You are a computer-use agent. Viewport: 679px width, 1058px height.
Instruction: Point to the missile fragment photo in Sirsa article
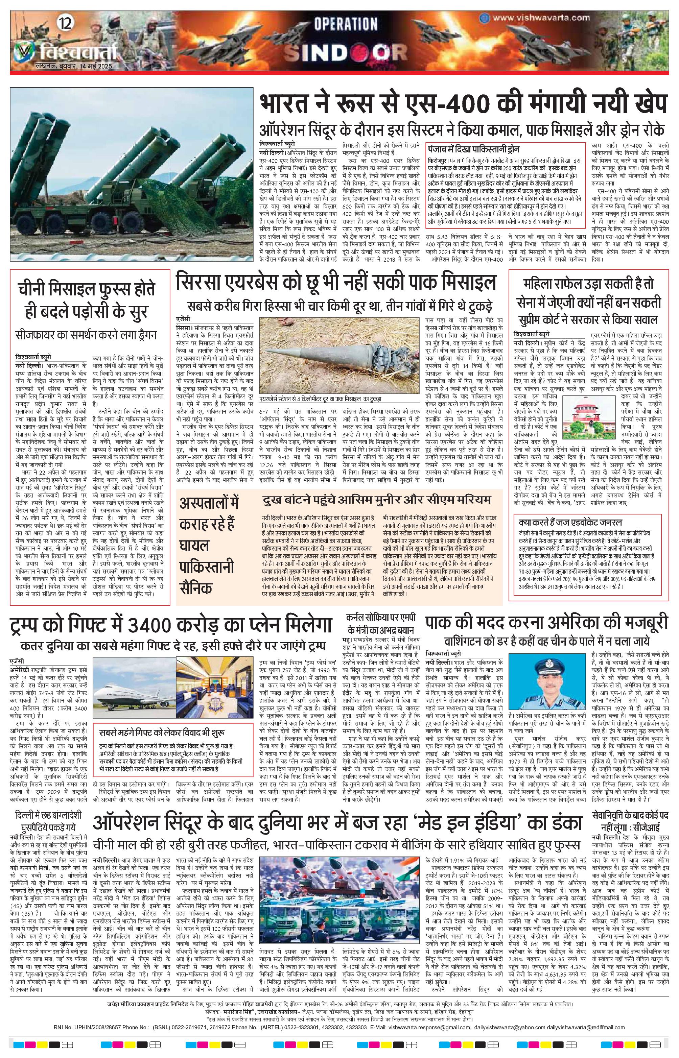tap(340, 355)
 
